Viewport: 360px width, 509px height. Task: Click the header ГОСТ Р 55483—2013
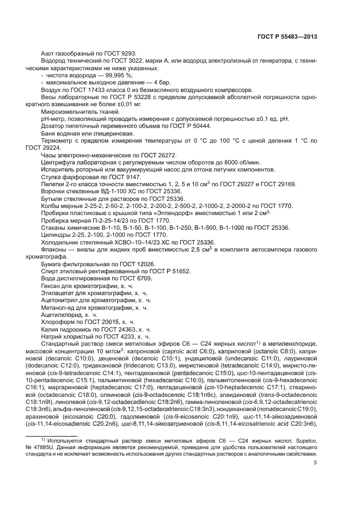[287, 36]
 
